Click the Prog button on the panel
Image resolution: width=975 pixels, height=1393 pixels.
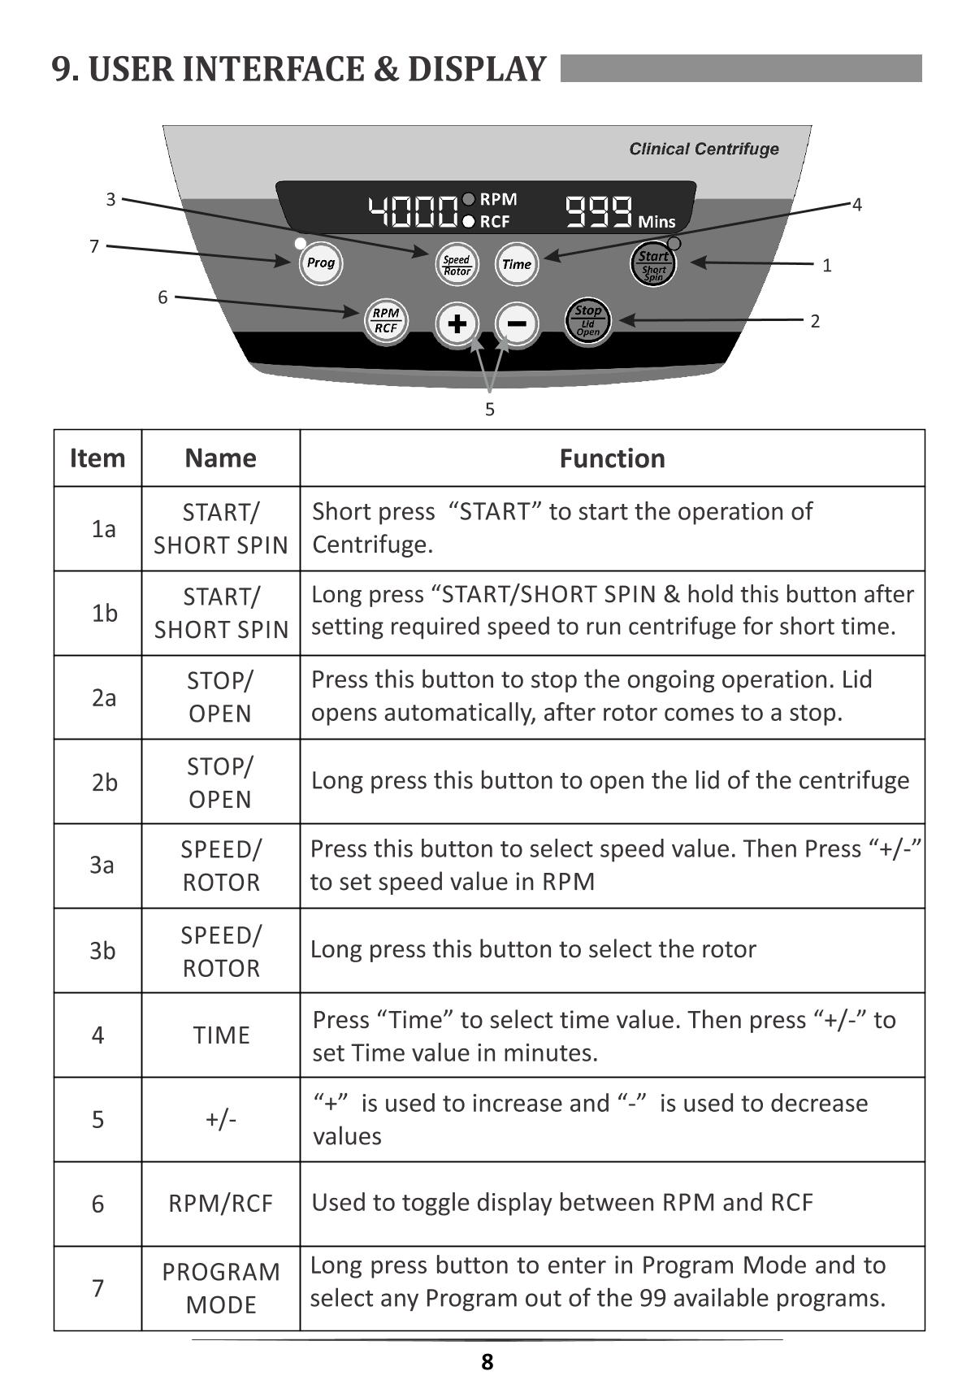(320, 263)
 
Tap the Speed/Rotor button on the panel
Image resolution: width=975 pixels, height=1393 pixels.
(457, 265)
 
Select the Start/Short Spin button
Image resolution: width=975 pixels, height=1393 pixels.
(653, 265)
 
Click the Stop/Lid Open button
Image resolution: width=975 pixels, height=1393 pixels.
(587, 321)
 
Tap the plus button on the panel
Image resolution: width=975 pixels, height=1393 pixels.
(457, 323)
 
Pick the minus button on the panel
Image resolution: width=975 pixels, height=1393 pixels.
(517, 323)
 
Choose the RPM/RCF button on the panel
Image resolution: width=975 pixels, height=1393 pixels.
(385, 320)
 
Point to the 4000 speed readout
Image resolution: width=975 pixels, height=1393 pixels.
(413, 211)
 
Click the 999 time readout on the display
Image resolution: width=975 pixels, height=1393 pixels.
(599, 211)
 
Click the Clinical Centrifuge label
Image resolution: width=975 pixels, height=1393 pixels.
(704, 149)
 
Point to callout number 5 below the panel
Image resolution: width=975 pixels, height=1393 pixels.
(489, 410)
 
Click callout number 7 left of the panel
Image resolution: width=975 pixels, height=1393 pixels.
(94, 246)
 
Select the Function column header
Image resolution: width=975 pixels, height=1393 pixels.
(612, 458)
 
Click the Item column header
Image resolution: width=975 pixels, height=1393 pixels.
(97, 458)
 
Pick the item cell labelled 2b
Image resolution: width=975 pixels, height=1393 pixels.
(104, 782)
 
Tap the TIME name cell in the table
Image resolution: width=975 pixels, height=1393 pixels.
(221, 1035)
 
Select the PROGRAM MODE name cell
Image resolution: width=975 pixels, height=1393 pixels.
(221, 1287)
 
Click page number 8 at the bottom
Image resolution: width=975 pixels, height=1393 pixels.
(487, 1362)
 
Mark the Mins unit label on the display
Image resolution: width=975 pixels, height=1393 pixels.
(656, 221)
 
